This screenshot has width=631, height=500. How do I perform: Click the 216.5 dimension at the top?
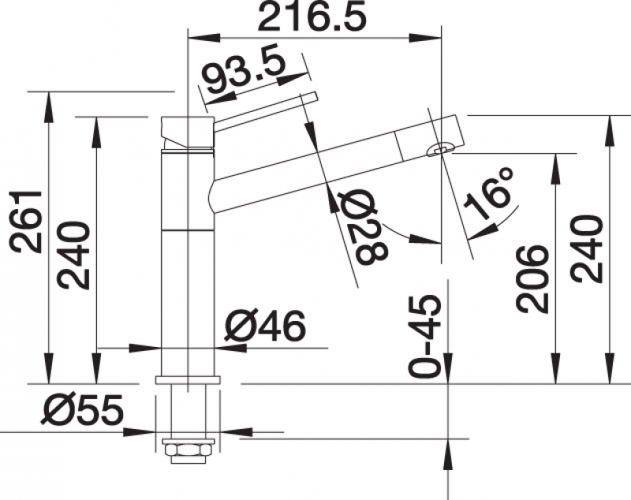[x=312, y=17]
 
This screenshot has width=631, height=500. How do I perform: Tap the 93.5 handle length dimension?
[x=244, y=73]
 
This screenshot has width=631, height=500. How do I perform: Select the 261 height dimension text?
[x=27, y=222]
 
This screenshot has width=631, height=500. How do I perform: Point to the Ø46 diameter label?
[x=266, y=326]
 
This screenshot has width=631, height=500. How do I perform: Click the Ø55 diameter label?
[x=83, y=409]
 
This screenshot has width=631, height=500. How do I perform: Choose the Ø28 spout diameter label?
[x=363, y=227]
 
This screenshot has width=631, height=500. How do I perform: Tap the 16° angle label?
[x=488, y=192]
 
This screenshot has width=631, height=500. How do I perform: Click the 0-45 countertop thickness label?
[x=424, y=336]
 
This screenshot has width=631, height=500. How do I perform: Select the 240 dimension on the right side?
[x=586, y=248]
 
